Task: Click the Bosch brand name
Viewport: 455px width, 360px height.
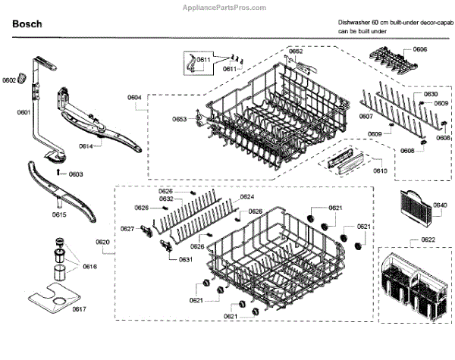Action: click(x=27, y=24)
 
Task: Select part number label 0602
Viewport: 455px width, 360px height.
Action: click(x=9, y=80)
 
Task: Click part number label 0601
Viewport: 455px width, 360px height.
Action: click(x=24, y=113)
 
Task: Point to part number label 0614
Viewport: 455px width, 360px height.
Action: click(x=86, y=146)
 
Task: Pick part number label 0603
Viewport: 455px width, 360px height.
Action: click(x=76, y=174)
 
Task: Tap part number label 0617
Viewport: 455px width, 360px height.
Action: click(x=79, y=309)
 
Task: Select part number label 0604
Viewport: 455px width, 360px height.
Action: click(x=134, y=98)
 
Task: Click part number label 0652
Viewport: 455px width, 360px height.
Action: click(x=296, y=51)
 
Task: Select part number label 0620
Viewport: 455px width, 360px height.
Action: click(x=103, y=242)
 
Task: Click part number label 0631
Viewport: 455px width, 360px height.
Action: click(x=185, y=260)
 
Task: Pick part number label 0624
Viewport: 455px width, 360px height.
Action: click(x=246, y=197)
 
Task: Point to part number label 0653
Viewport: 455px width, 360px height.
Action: click(x=179, y=120)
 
